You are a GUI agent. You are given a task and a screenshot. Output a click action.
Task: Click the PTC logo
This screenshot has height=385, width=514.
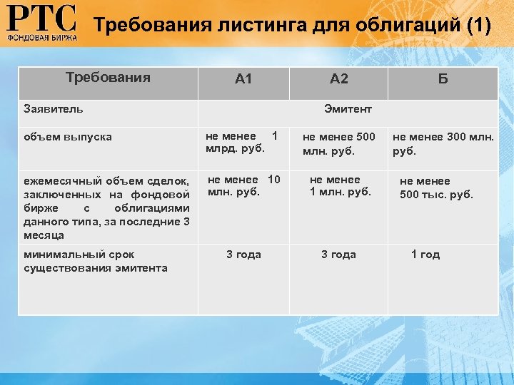[x=41, y=24]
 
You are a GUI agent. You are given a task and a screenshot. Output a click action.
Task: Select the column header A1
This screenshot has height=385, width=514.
[x=243, y=79]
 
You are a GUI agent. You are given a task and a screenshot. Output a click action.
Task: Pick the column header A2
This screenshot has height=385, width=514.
[x=339, y=79]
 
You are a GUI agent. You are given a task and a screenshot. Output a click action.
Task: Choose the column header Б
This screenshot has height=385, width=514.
[x=443, y=79]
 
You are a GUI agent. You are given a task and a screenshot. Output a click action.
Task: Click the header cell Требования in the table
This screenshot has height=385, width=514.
[x=108, y=78]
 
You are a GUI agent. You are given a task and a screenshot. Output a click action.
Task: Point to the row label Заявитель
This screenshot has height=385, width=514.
[x=54, y=109]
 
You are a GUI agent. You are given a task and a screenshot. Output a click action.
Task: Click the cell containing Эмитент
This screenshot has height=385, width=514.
[x=348, y=109]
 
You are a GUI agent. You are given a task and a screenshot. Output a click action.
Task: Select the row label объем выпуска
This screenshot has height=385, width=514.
[x=68, y=136]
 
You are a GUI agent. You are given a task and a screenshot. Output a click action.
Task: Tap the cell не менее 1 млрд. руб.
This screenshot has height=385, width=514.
[x=241, y=142]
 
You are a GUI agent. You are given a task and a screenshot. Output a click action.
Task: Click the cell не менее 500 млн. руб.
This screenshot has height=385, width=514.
[x=338, y=143]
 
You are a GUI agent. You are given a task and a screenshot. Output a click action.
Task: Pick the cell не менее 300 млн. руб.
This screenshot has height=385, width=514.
[x=443, y=143]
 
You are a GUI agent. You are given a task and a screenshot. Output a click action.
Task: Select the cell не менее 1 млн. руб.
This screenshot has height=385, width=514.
[x=340, y=185]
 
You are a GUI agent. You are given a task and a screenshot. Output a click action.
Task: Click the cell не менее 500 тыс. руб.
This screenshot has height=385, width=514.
[x=435, y=188]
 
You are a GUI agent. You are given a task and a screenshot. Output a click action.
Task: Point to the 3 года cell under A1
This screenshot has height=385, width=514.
[x=243, y=255]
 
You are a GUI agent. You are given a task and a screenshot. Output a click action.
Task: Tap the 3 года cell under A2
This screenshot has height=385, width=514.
[x=338, y=255]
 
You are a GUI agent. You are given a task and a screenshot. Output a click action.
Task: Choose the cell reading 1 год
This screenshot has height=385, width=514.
[x=425, y=255]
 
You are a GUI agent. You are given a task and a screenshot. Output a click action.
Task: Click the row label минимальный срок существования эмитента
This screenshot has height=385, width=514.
[x=95, y=261]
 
